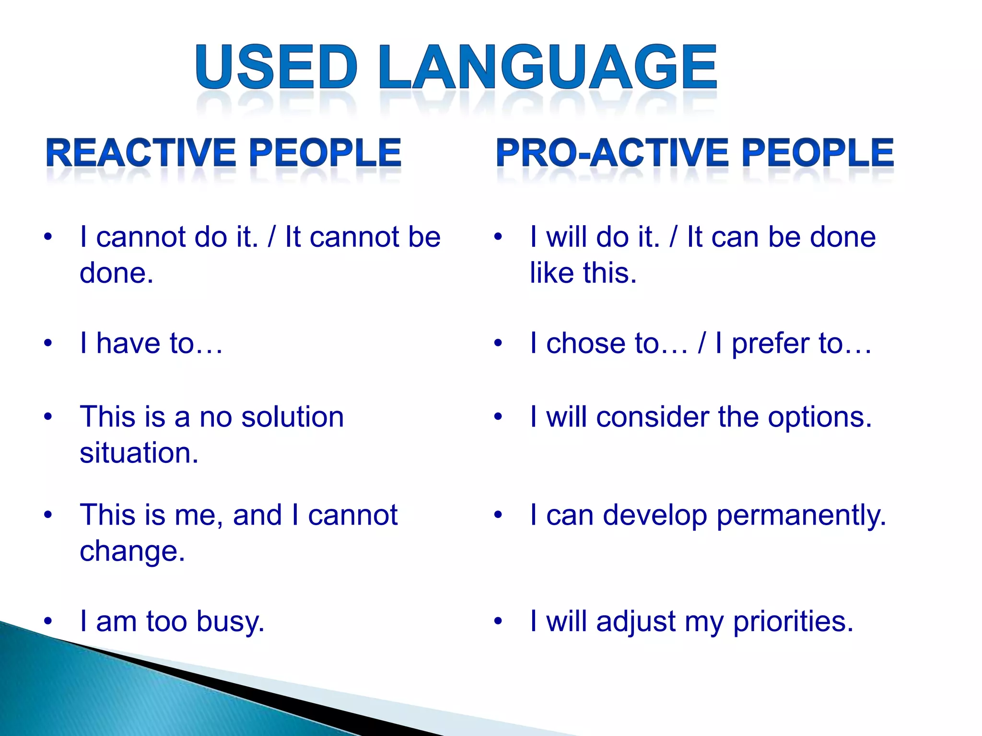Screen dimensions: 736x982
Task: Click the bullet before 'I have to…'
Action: click(x=47, y=344)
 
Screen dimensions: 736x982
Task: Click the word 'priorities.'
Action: click(x=794, y=622)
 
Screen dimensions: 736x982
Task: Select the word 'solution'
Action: click(x=292, y=417)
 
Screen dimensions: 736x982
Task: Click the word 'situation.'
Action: click(x=139, y=453)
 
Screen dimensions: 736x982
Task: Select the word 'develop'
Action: click(x=655, y=517)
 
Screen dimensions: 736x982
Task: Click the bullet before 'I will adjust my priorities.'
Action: click(x=498, y=622)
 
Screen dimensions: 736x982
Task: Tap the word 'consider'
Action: click(x=653, y=417)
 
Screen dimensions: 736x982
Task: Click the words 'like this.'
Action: click(x=583, y=273)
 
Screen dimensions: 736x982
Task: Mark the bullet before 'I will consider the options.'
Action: click(x=498, y=417)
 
